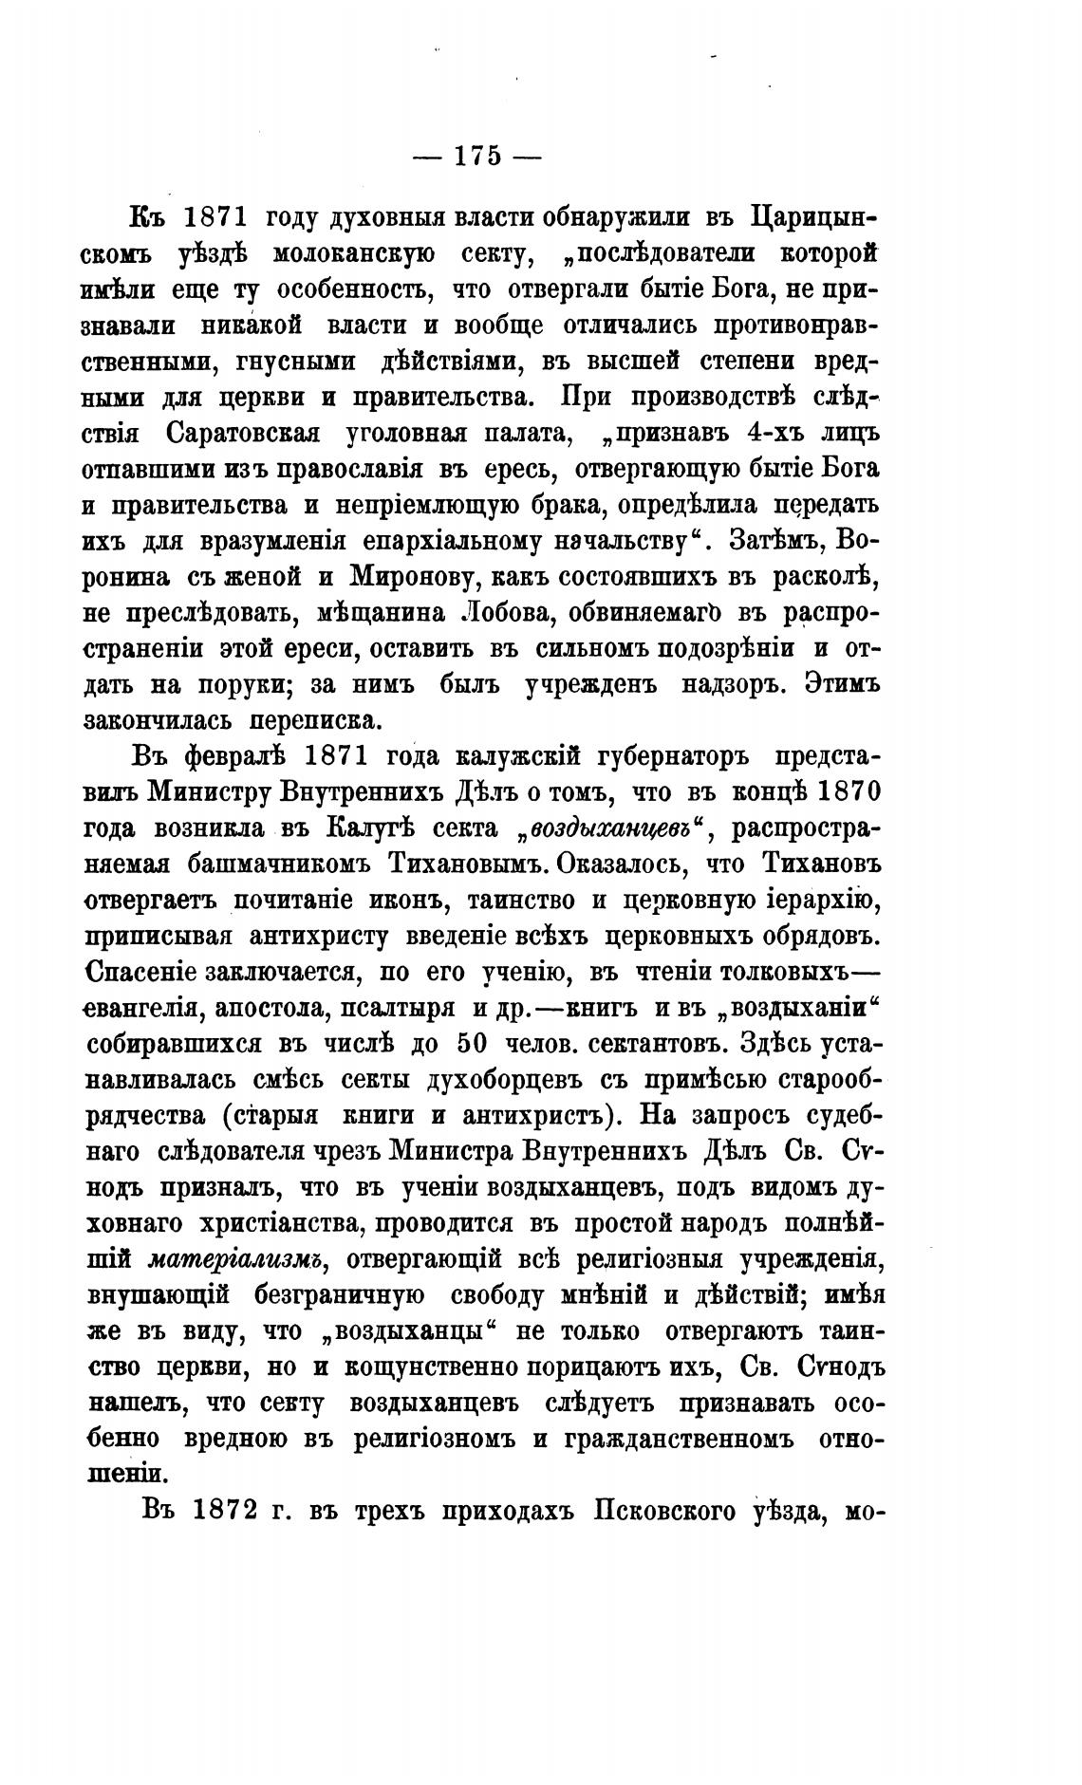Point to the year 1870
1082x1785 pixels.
[847, 793]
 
